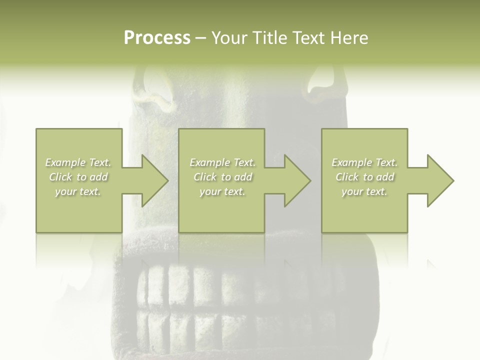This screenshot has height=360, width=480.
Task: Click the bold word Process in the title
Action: click(x=157, y=38)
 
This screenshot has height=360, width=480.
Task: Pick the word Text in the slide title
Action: click(x=310, y=38)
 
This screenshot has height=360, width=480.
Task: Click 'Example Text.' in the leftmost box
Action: click(x=78, y=162)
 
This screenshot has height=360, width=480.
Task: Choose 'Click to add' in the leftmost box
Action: click(x=78, y=177)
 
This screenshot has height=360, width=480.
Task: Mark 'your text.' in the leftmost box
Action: click(x=78, y=191)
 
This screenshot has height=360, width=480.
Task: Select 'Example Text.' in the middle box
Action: click(x=222, y=162)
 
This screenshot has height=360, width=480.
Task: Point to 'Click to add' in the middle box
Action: click(x=222, y=177)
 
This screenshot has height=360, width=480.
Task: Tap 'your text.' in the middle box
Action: click(x=222, y=191)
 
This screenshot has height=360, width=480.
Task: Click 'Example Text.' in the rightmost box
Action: click(x=364, y=162)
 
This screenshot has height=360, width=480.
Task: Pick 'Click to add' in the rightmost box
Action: click(x=364, y=177)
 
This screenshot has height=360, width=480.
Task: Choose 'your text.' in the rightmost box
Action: click(x=364, y=191)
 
